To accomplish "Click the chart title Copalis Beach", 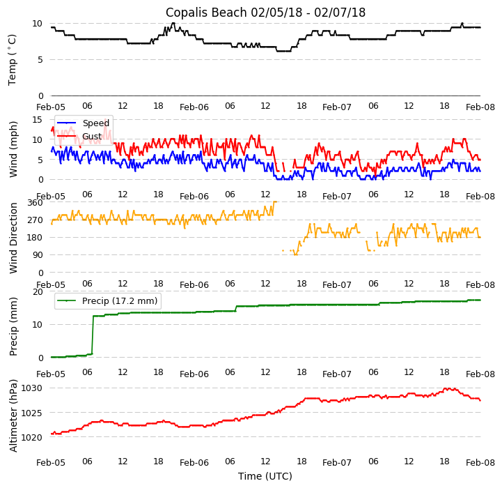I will tap(265, 13).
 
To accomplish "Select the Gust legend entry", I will tap(91, 137).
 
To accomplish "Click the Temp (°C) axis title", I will tap(13, 59).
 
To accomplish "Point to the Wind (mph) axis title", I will tap(13, 148).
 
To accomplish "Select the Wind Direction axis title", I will tap(13, 238).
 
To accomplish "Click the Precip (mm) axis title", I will tap(13, 326).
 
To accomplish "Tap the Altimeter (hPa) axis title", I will tap(13, 415).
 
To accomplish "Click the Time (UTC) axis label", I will tap(265, 476).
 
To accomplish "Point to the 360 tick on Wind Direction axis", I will tap(35, 202).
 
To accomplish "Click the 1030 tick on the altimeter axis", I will tap(32, 388).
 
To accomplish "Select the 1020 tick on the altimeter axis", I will tap(32, 438).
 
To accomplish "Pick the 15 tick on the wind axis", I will tap(38, 120).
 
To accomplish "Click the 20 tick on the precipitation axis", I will tap(38, 291).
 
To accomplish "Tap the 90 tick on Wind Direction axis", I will tap(38, 255).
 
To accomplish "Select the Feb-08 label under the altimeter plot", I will tap(480, 463).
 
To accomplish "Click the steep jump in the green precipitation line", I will tap(93, 335).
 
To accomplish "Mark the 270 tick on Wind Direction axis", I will tap(35, 220).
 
